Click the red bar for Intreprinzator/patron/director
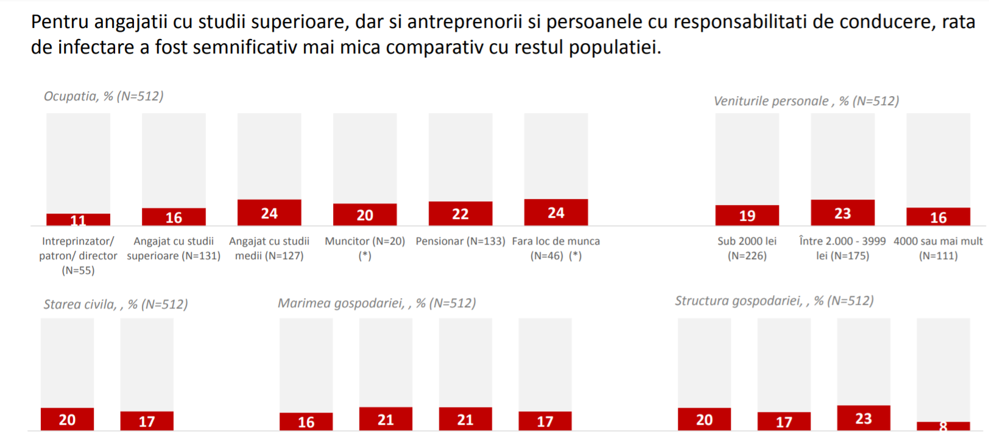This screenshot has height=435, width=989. [78, 220]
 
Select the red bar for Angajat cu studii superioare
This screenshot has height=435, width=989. [174, 217]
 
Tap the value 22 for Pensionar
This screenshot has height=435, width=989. [460, 214]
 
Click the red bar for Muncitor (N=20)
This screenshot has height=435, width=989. [365, 214]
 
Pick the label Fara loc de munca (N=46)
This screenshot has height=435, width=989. [555, 248]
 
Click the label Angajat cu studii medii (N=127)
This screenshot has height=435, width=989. [269, 248]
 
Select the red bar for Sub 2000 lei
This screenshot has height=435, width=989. [747, 215]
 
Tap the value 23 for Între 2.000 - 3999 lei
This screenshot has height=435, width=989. [842, 214]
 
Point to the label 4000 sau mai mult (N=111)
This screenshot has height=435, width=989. [938, 248]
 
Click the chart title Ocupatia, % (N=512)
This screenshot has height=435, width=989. [104, 96]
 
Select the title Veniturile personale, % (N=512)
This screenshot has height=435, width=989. [806, 101]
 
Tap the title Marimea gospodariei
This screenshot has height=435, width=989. [376, 303]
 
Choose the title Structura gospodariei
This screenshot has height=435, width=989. [774, 301]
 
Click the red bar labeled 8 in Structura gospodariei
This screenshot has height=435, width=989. [943, 426]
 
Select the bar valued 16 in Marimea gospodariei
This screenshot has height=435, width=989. [306, 422]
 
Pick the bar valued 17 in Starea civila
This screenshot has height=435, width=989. [147, 421]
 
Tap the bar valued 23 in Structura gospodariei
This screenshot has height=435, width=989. [863, 418]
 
